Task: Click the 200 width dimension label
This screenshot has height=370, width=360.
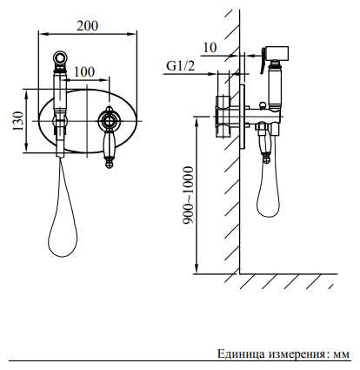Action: [x=87, y=26]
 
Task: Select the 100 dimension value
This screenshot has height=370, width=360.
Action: [x=84, y=71]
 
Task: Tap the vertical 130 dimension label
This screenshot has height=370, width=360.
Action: [x=18, y=121]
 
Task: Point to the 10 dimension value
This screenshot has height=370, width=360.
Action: [x=210, y=48]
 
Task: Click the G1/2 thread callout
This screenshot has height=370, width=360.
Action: [x=180, y=66]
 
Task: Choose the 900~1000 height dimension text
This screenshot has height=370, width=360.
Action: [x=188, y=195]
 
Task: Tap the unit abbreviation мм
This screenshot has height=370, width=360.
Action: [x=342, y=355]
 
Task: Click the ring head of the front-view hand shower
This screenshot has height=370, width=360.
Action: [x=61, y=57]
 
